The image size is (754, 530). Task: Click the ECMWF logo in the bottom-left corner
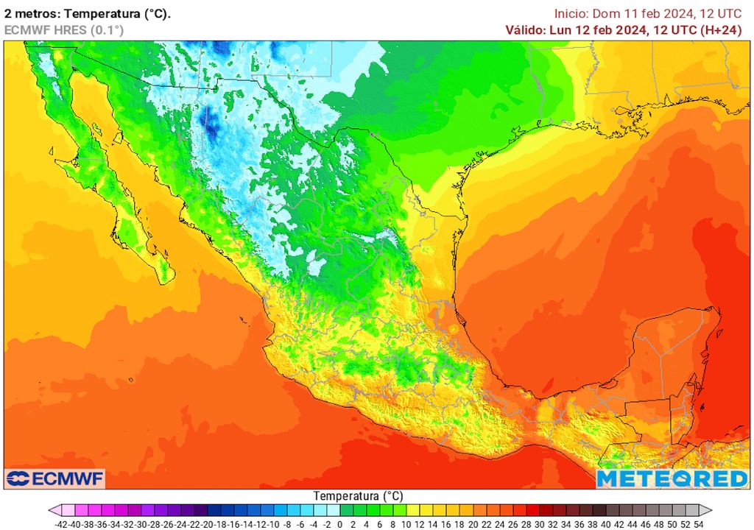click(55, 478)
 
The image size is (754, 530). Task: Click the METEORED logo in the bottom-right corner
click(672, 478)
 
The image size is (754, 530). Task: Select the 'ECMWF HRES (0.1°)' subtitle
click(63, 30)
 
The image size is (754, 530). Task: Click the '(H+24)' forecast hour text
click(722, 30)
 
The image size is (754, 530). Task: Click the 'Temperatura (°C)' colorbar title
click(358, 495)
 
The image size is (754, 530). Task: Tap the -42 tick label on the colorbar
click(61, 524)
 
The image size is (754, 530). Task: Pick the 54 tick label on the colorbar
click(698, 524)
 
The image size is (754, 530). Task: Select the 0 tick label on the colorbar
click(340, 524)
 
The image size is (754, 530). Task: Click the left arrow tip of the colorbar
click(51, 510)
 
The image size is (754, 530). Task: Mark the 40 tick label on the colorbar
click(605, 524)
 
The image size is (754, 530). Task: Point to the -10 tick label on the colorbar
click(273, 524)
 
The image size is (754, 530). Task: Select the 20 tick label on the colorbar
click(473, 524)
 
